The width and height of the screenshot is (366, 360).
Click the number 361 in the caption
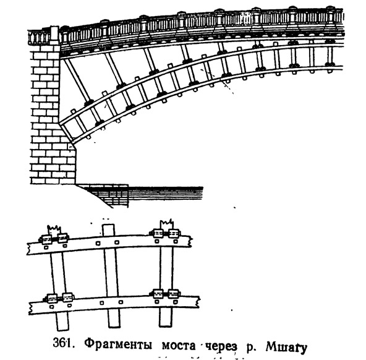(62, 344)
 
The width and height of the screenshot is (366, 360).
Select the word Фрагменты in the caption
(118, 345)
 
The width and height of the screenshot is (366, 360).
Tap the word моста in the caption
(179, 345)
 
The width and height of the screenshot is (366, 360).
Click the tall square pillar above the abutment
(54, 36)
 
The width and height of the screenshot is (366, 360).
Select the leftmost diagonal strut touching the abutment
(78, 80)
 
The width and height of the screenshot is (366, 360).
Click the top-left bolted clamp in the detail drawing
(54, 239)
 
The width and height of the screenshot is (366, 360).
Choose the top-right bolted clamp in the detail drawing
(165, 233)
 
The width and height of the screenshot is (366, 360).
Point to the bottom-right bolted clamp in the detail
(166, 294)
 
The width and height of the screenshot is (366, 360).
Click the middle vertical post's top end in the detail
(109, 225)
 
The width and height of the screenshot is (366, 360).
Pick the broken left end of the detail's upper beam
(28, 249)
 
